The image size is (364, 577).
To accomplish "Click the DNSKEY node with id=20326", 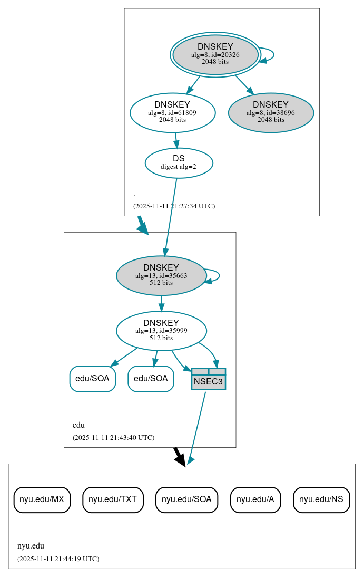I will click(x=215, y=54).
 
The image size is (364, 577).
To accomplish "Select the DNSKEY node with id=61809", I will click(x=172, y=112).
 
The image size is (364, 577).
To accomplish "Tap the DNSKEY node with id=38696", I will click(x=271, y=112).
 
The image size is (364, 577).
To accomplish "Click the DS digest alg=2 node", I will click(x=179, y=162).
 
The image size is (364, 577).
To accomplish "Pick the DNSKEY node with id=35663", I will click(x=161, y=275).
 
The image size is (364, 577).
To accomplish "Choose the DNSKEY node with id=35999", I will click(x=161, y=331).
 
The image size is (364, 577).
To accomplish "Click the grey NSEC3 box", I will click(x=209, y=379).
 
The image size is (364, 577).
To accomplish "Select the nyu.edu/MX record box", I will click(x=42, y=499).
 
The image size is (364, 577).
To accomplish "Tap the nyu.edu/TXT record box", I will click(x=113, y=499).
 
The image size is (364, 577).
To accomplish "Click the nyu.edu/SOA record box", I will click(x=186, y=499).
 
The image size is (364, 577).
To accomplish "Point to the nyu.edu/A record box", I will click(x=255, y=499).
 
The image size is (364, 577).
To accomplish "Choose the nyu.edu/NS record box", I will click(x=321, y=499).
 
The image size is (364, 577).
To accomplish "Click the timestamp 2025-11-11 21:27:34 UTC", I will click(x=174, y=206).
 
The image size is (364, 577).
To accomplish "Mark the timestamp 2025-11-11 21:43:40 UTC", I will click(x=113, y=438).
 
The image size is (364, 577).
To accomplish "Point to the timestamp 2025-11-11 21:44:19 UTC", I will click(x=58, y=559).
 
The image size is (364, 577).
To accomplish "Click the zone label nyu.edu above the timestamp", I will click(x=31, y=546).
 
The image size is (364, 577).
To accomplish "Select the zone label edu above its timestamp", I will click(x=78, y=425).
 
